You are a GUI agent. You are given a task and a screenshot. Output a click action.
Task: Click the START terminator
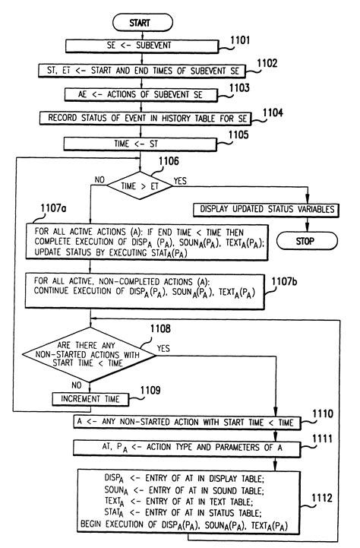point(142,22)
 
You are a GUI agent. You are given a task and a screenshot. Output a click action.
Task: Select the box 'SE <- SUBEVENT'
point(142,46)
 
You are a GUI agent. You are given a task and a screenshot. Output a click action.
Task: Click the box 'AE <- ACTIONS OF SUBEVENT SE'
point(142,95)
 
